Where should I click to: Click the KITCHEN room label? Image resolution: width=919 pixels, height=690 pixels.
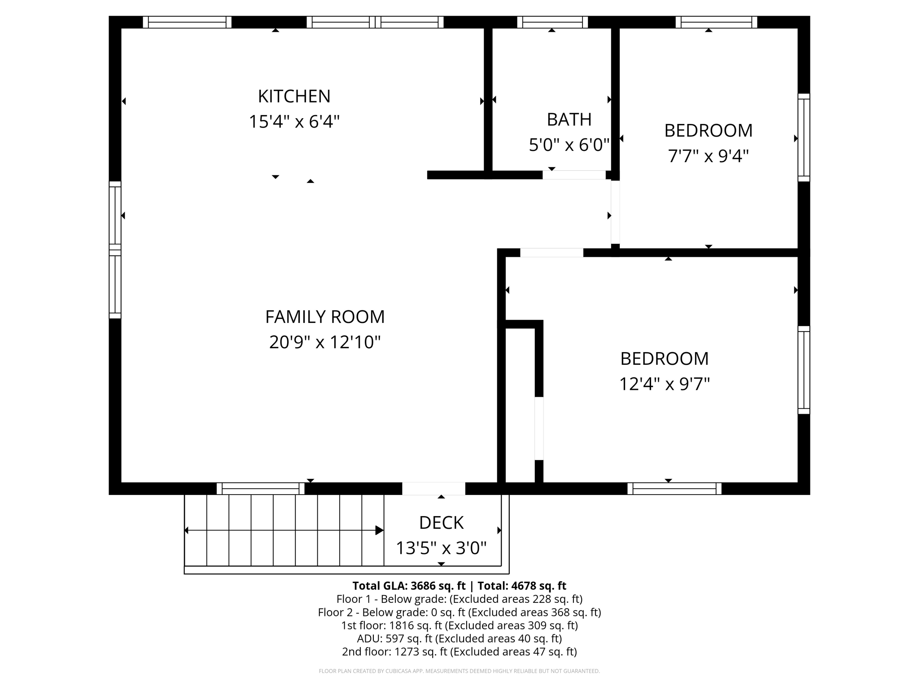294,96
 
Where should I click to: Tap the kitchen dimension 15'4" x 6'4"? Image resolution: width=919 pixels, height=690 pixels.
294,122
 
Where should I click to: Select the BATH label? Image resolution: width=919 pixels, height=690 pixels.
569,119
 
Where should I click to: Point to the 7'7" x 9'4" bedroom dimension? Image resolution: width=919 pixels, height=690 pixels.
708,156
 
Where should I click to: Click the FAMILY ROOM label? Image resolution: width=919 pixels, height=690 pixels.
325,317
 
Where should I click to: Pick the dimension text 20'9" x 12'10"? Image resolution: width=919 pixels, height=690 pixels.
325,342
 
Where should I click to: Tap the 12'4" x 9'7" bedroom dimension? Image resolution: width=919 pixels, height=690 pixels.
664,384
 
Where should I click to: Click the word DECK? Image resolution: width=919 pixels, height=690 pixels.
441,523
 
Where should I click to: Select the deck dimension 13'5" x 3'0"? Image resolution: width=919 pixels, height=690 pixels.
441,548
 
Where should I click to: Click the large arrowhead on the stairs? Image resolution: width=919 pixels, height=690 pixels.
379,531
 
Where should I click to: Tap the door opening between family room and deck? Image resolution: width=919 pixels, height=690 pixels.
433,489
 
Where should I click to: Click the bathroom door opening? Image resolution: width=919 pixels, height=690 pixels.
574,175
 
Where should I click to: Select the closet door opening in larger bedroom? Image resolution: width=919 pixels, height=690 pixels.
539,429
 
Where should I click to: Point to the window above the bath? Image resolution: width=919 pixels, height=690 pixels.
552,22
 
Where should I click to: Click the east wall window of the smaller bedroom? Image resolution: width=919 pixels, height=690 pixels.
804,137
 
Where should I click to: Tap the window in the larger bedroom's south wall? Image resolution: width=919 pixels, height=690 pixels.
674,489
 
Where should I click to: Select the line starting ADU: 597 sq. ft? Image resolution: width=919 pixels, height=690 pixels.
459,638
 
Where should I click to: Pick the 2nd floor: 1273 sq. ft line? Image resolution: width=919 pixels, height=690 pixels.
459,651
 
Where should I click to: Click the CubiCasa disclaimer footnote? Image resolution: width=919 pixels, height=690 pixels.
459,671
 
